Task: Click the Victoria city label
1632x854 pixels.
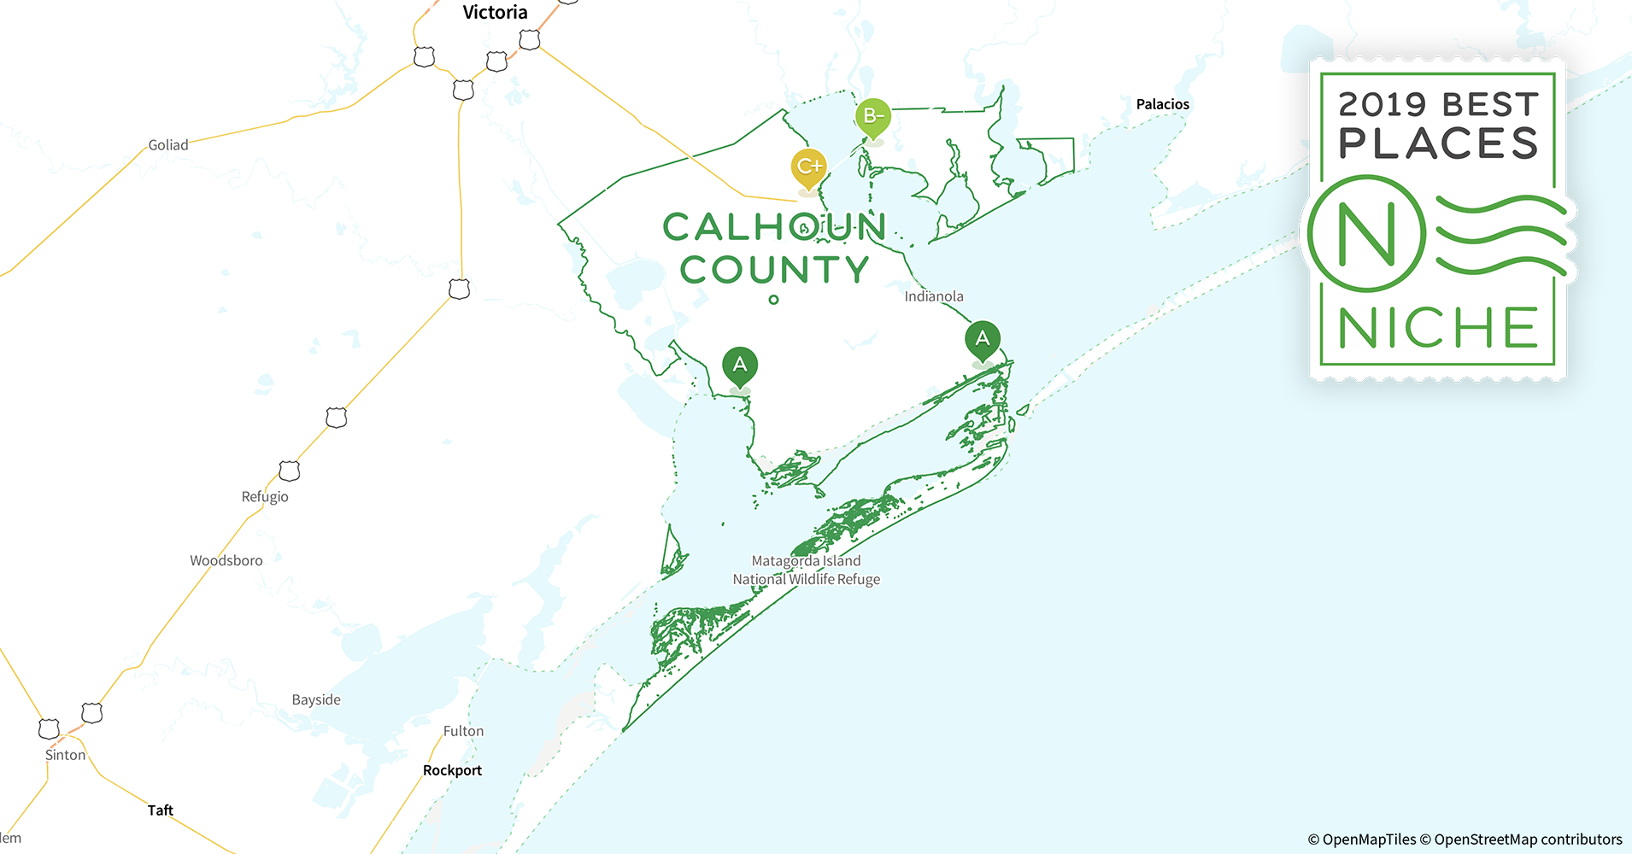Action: [495, 13]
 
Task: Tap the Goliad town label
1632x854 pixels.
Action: [168, 145]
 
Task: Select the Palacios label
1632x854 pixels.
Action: [1162, 104]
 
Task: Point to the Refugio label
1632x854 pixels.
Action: [265, 497]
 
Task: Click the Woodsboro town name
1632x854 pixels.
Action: [226, 561]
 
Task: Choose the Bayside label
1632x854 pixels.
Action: [316, 700]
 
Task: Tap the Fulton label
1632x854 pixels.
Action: [463, 732]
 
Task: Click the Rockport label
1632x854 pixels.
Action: [452, 770]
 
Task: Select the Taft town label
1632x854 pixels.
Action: [160, 810]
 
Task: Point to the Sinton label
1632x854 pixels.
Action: [66, 756]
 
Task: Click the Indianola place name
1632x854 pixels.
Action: [934, 297]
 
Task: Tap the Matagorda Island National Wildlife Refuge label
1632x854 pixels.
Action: [806, 570]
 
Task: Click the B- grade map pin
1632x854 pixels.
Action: [872, 116]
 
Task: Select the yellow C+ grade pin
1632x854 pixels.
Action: [808, 167]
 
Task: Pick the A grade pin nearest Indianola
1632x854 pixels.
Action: [983, 339]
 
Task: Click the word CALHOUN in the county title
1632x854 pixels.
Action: [774, 227]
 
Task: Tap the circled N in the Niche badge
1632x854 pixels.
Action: [1366, 233]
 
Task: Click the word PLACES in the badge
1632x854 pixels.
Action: [1438, 144]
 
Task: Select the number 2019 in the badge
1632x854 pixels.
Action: [1382, 105]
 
